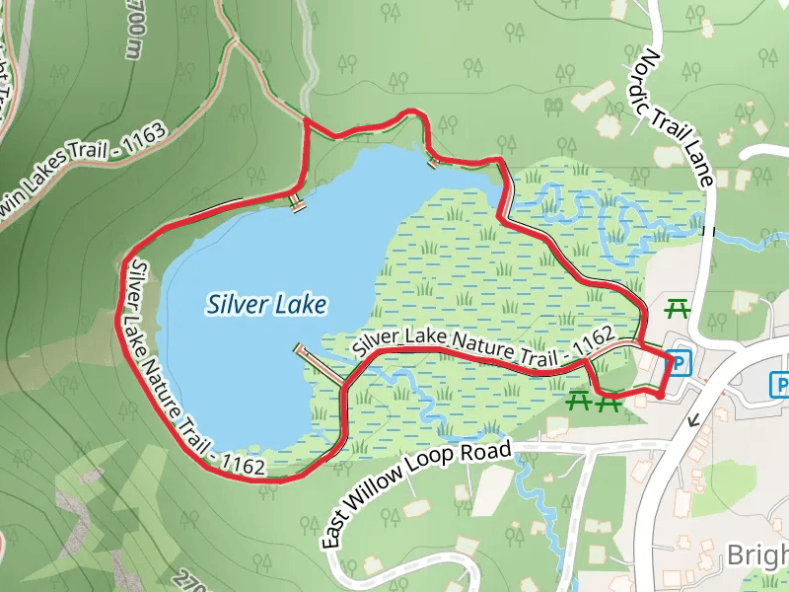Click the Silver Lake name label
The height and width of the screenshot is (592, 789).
tap(266, 305)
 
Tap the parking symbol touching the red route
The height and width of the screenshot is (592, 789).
tap(678, 364)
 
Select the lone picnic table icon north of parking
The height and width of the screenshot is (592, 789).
tap(677, 309)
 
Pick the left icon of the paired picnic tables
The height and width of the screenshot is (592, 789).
tap(579, 400)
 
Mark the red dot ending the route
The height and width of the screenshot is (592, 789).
tap(659, 396)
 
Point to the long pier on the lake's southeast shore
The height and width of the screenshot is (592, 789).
tap(319, 364)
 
